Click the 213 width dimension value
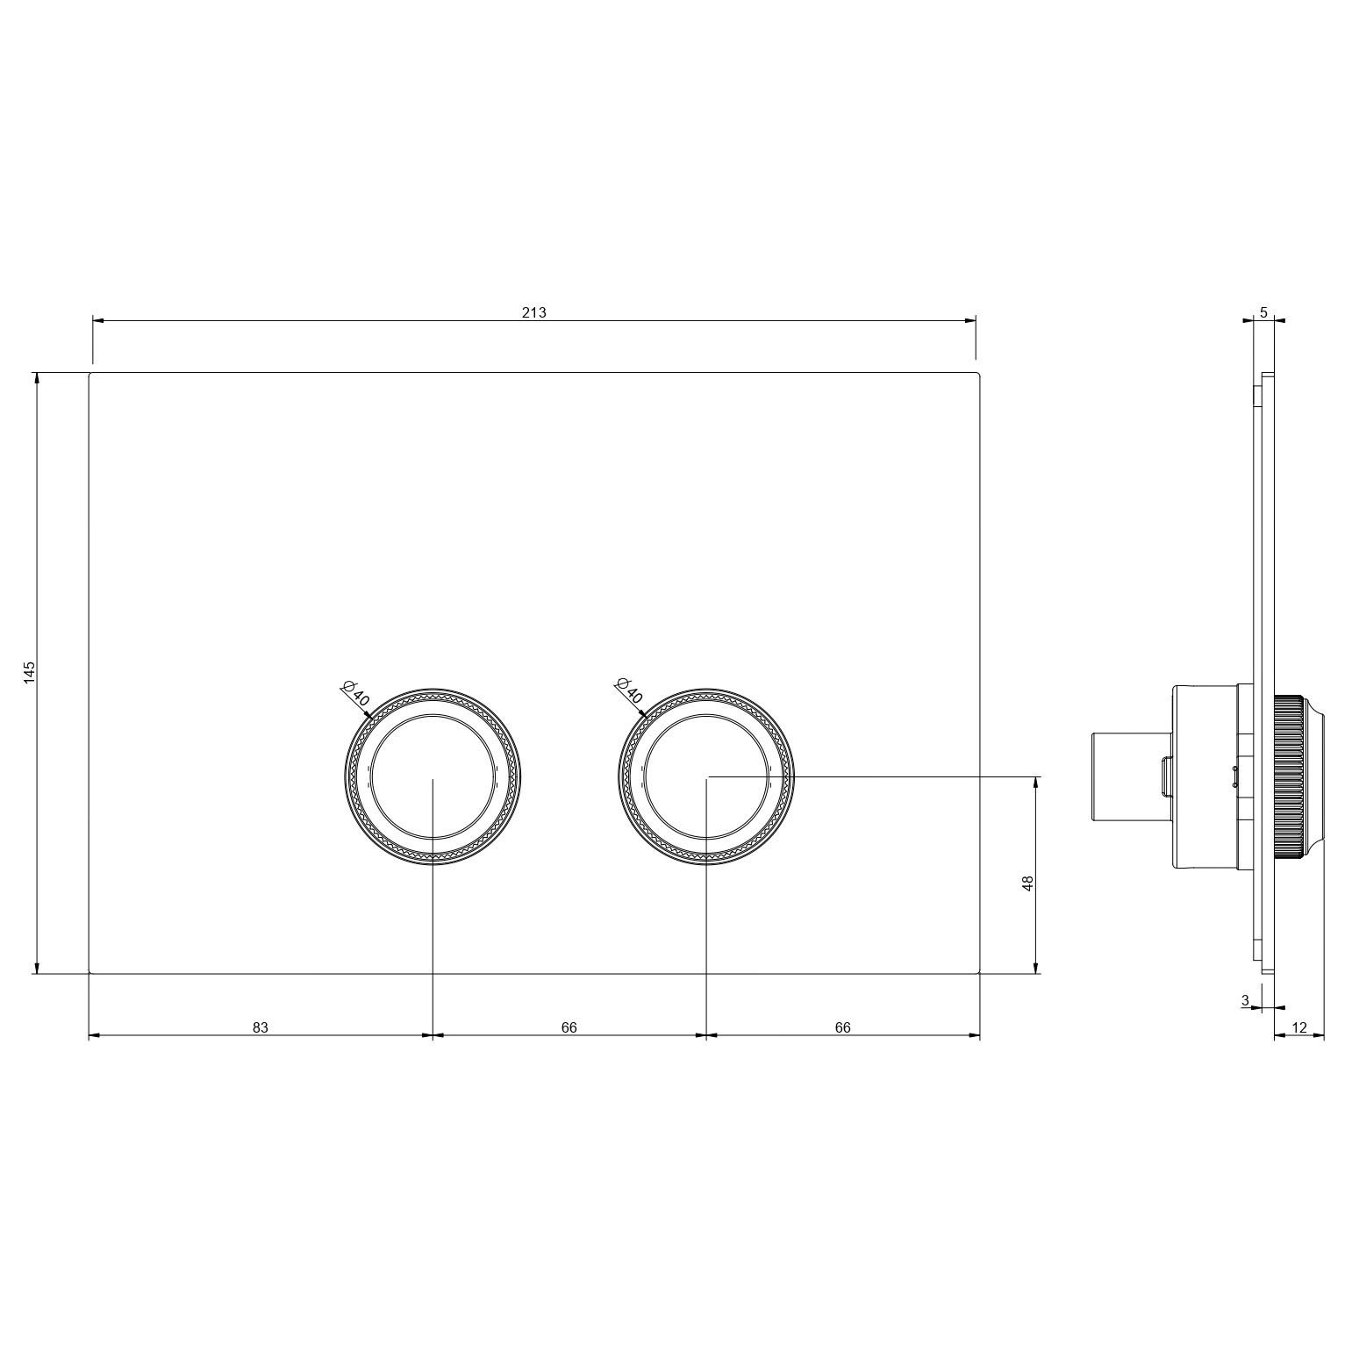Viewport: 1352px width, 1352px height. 533,312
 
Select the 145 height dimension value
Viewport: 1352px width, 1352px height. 30,673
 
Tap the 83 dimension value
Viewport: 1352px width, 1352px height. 261,1027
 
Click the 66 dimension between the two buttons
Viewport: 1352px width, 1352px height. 569,1027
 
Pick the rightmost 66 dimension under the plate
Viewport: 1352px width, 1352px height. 843,1027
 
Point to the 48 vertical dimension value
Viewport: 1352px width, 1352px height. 1028,883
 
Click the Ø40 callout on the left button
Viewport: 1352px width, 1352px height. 356,694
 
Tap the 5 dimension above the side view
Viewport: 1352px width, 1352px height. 1263,312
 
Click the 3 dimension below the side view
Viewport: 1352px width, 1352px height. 1245,1000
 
